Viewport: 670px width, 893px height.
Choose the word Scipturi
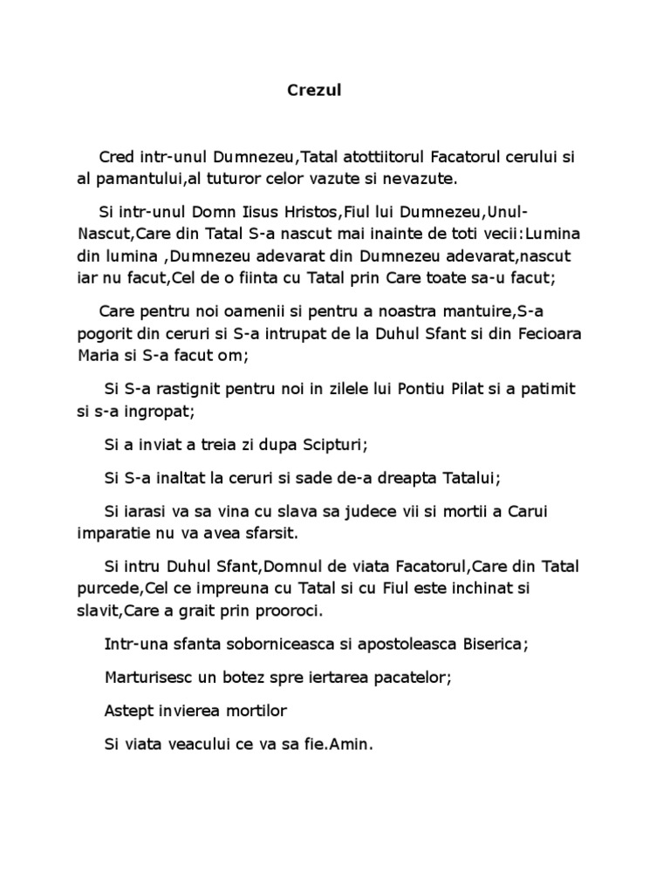(332, 445)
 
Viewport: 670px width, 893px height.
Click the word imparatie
(115, 534)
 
